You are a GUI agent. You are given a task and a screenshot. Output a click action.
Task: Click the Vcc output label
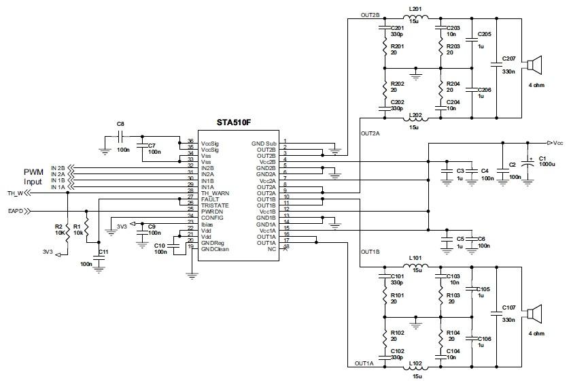(557, 144)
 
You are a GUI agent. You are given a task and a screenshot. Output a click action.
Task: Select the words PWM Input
(34, 177)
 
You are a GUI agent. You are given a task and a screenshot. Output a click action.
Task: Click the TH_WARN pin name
(215, 193)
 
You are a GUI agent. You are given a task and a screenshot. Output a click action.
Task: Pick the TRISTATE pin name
(215, 205)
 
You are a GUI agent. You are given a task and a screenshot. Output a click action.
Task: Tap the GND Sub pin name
(262, 144)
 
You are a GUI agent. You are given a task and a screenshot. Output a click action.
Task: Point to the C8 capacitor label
(120, 124)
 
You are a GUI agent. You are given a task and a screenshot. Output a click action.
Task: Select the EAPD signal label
(15, 212)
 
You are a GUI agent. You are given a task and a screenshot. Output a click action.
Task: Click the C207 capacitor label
(508, 58)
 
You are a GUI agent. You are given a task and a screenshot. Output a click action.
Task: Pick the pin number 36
(190, 142)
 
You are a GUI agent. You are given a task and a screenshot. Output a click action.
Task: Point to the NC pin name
(271, 249)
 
